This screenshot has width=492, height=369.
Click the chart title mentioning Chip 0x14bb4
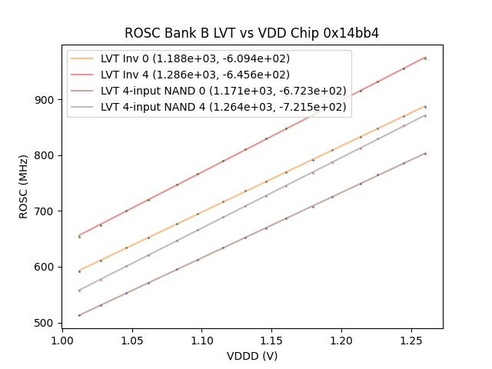[x=251, y=33]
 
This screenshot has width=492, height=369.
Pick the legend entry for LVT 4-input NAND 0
[x=223, y=91]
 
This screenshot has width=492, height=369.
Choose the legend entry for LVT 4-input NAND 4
[x=223, y=107]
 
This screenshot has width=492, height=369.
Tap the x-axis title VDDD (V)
[x=251, y=356]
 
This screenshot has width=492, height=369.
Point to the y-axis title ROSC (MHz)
[x=24, y=187]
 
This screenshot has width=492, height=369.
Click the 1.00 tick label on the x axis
[x=63, y=339]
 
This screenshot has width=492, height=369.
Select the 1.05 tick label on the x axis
[x=132, y=339]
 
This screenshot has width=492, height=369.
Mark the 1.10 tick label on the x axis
[x=202, y=339]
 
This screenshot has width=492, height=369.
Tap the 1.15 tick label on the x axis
[x=272, y=339]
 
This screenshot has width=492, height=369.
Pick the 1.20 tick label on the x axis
[x=341, y=339]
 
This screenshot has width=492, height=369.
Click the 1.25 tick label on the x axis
[x=411, y=339]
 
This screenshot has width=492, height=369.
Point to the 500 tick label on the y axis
[x=45, y=323]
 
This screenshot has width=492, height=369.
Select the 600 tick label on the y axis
[x=45, y=268]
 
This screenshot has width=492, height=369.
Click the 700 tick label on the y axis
[x=45, y=211]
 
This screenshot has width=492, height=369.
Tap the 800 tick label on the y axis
[x=45, y=155]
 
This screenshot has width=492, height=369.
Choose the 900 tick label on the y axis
[x=45, y=100]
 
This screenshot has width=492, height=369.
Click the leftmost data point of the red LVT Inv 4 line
[x=79, y=237]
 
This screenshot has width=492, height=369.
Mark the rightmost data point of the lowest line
[x=425, y=154]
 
